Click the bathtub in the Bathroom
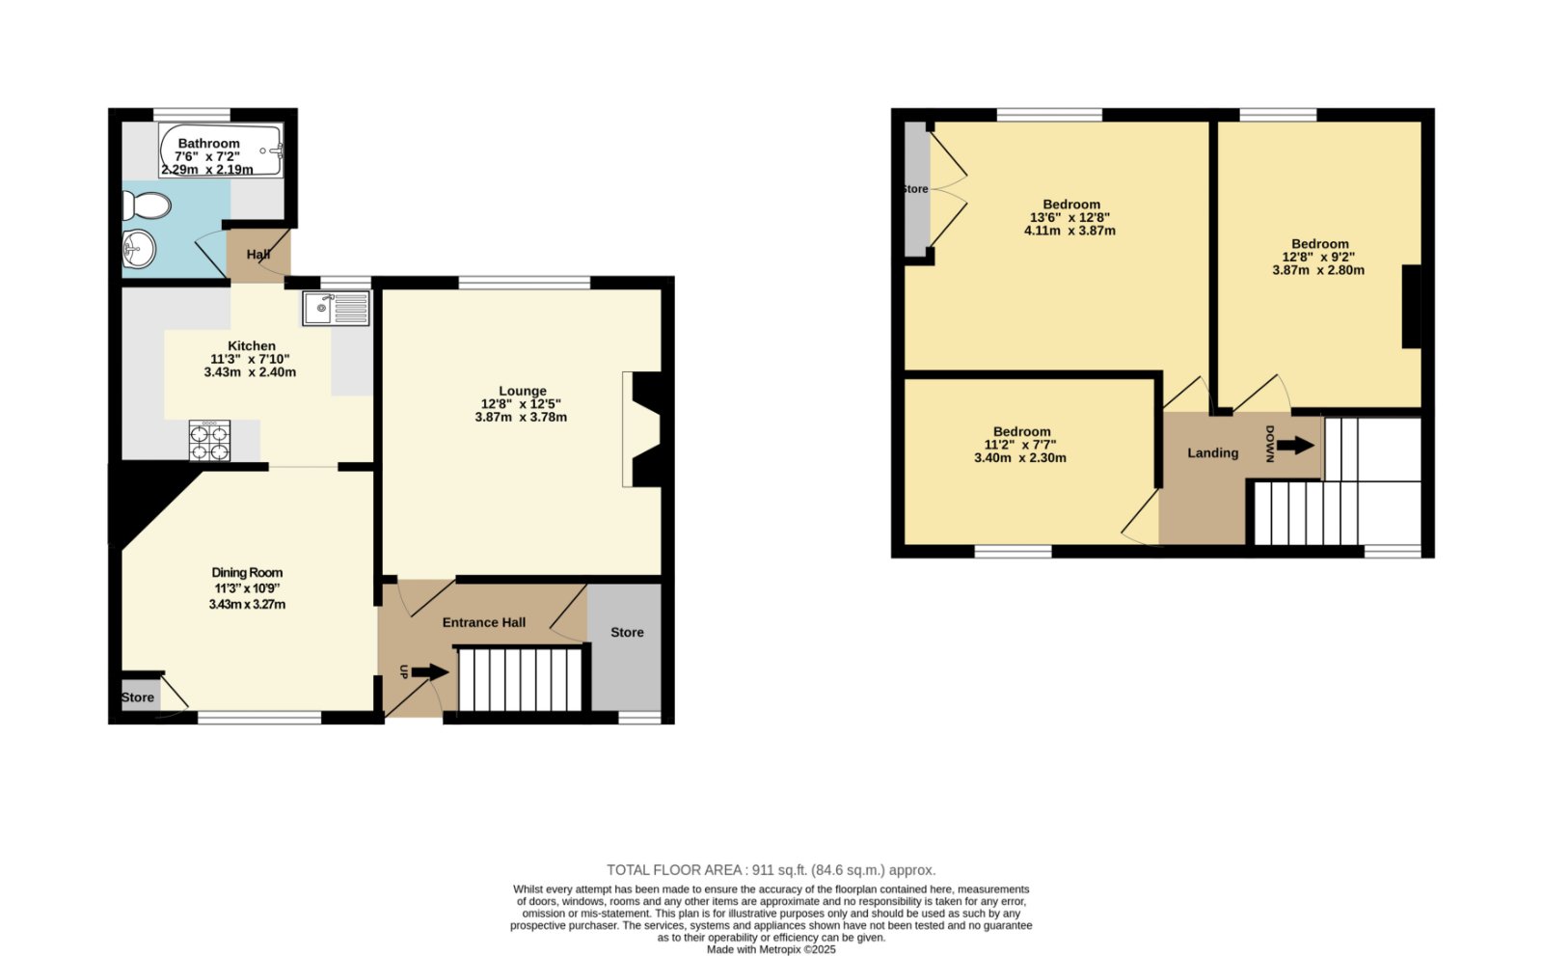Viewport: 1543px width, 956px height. (221, 150)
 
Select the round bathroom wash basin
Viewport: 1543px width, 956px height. (139, 249)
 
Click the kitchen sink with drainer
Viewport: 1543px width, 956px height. (337, 308)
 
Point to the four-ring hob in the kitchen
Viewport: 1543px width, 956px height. (209, 441)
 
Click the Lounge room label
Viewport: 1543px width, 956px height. (523, 391)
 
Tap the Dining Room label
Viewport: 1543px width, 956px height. (247, 572)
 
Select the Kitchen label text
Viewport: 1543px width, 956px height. (252, 346)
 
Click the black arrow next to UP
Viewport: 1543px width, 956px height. (430, 672)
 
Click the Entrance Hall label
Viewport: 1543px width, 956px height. (483, 622)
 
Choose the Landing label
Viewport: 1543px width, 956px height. (1212, 452)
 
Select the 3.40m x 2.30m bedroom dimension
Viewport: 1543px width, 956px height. (1020, 457)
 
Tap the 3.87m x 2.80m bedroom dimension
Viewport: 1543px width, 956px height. (1318, 270)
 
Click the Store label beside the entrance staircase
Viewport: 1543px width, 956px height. (627, 632)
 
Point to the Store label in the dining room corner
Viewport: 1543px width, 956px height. (138, 697)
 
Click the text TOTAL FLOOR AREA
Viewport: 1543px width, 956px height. (674, 870)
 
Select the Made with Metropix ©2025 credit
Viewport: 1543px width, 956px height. (771, 949)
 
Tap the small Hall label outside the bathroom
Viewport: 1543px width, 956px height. (258, 255)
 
